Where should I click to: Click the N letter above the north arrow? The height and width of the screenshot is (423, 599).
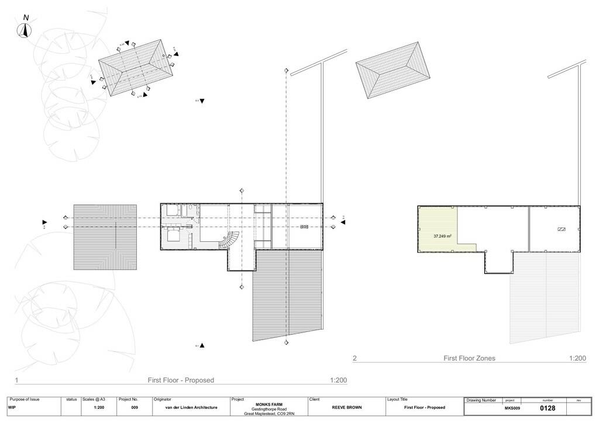[x=26, y=18]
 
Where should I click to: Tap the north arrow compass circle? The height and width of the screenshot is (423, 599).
[x=25, y=33]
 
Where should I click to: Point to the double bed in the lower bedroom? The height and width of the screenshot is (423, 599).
[x=174, y=236]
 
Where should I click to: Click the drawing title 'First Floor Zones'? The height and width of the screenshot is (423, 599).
[x=469, y=358]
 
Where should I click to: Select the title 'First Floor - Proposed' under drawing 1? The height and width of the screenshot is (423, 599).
[x=181, y=380]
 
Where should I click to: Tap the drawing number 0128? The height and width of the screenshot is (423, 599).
[x=548, y=408]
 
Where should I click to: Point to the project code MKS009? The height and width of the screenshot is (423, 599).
[x=512, y=408]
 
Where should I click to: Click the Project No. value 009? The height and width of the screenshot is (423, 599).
[x=134, y=407]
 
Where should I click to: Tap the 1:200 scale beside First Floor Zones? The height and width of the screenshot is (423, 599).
[x=577, y=358]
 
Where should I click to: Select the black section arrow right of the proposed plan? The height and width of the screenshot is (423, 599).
[x=343, y=222]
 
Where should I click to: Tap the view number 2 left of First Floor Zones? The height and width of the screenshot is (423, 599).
[x=354, y=358]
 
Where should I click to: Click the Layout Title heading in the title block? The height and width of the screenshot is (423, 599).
[x=397, y=400]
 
